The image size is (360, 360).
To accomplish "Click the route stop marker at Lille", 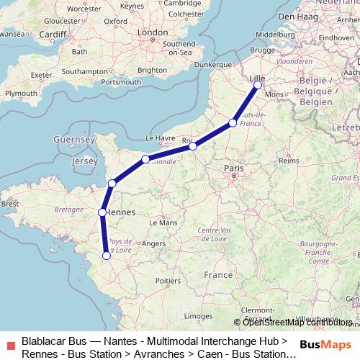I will pyautogui.click(x=258, y=86).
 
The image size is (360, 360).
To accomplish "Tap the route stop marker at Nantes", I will pyautogui.click(x=107, y=255).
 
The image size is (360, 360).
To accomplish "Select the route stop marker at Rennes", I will pyautogui.click(x=102, y=212).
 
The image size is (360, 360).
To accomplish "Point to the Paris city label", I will pyautogui.click(x=234, y=168).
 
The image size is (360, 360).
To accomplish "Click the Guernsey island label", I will pyautogui.click(x=74, y=138).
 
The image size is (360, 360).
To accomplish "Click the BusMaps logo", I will pyautogui.click(x=325, y=344).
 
